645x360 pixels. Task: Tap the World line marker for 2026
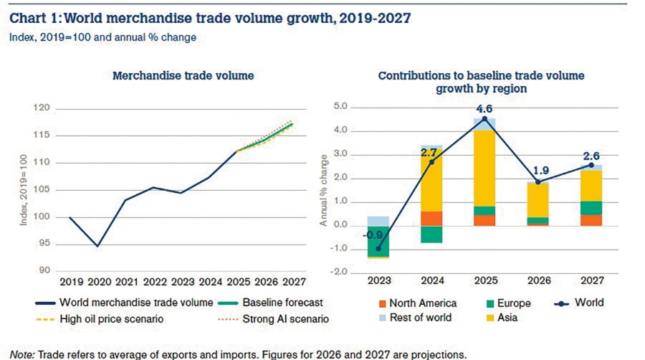(537, 181)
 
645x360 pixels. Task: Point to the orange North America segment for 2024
(430, 218)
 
